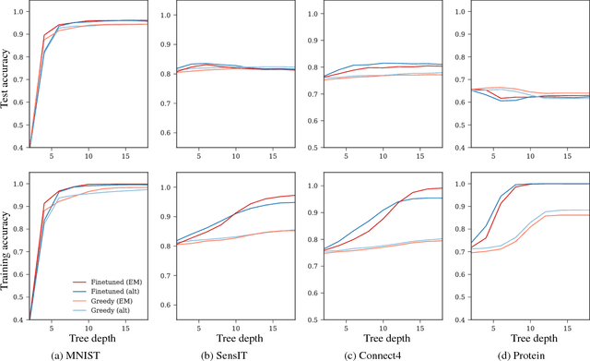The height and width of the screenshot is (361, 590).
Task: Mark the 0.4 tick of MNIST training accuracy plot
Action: pos(20,320)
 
